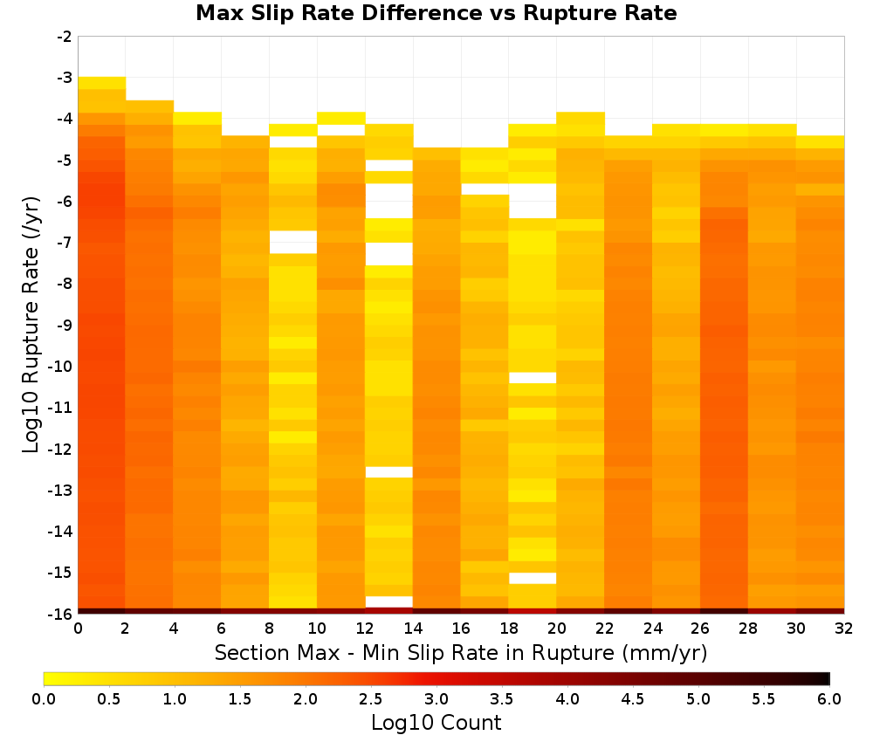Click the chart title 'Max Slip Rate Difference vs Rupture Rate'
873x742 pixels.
coord(436,13)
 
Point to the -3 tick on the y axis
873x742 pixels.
coord(65,78)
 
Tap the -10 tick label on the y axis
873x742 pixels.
coord(61,367)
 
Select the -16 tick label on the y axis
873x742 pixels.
coord(61,614)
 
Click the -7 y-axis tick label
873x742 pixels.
coord(65,243)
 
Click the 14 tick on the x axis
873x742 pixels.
coord(413,629)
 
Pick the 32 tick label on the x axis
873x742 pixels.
coord(843,629)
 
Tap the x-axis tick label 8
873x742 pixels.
coord(269,629)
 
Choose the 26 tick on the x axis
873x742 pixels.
coord(700,629)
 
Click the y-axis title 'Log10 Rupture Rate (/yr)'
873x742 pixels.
coord(31,325)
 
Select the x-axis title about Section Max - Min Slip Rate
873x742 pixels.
coord(461,652)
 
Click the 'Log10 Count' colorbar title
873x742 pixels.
coord(436,723)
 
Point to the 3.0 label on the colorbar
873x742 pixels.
coord(436,699)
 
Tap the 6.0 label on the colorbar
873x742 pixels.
coord(829,699)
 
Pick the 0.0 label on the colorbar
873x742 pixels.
coord(44,699)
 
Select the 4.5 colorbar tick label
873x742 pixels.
coord(632,699)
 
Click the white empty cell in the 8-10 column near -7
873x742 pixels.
coord(292,242)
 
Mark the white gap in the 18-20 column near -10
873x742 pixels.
coord(533,378)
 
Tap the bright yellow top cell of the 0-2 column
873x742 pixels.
coord(101,83)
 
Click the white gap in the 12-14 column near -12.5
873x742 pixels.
coord(388,472)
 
